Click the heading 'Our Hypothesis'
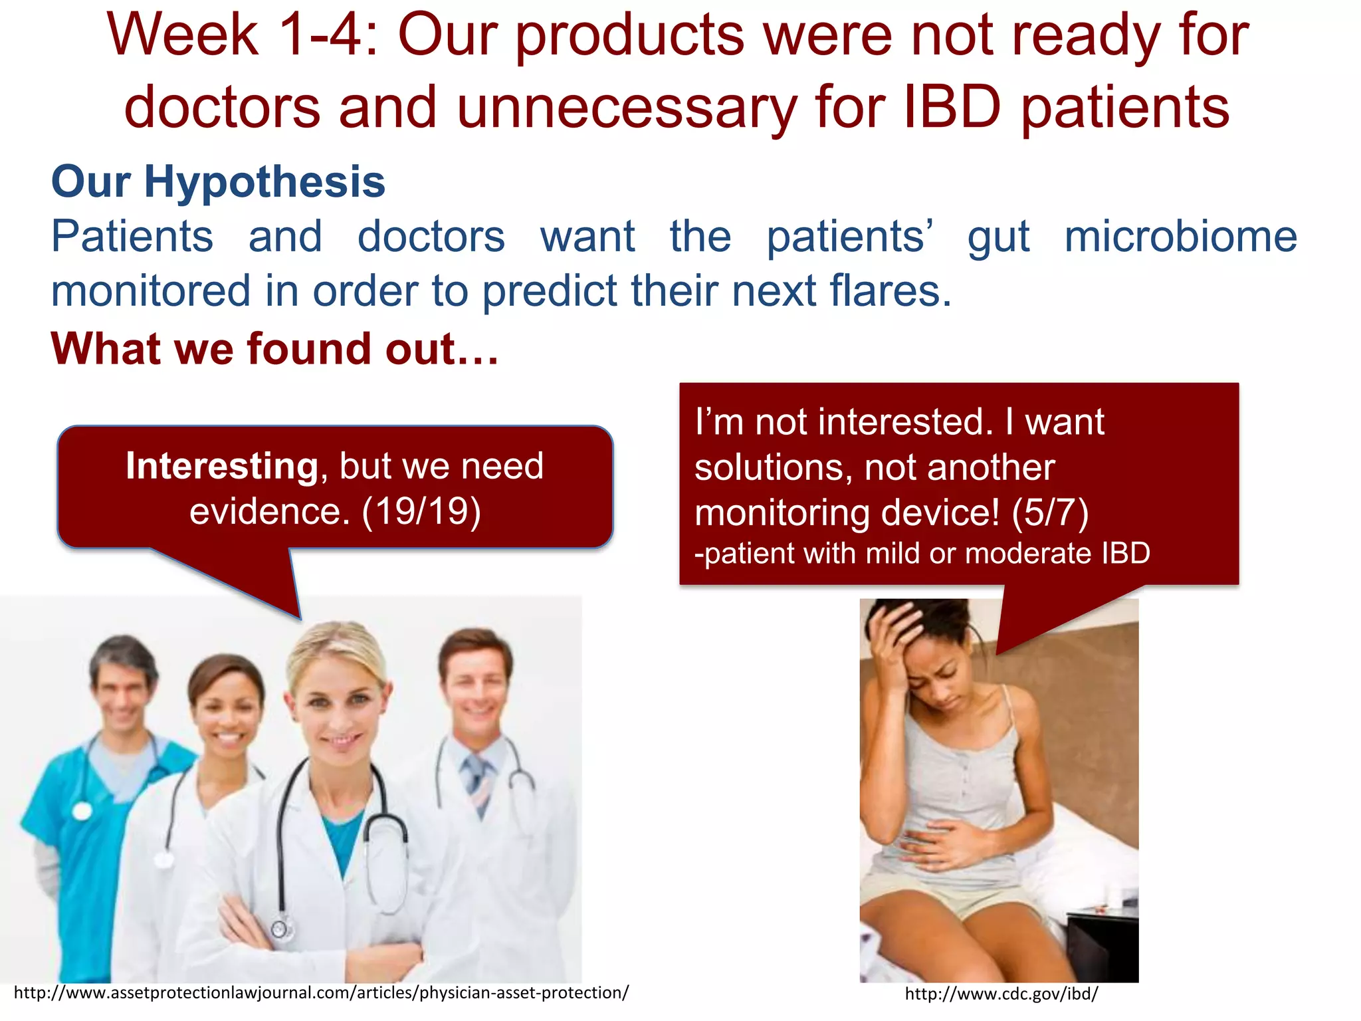pyautogui.click(x=218, y=182)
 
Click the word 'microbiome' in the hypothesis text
pyautogui.click(x=1180, y=237)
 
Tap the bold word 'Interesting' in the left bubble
pyautogui.click(x=222, y=465)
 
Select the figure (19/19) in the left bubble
pyautogui.click(x=421, y=511)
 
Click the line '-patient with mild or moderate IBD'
pyautogui.click(x=922, y=553)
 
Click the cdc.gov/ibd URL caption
pyautogui.click(x=1001, y=994)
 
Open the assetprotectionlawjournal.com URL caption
pyautogui.click(x=321, y=992)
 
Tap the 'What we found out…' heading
pyautogui.click(x=274, y=349)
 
